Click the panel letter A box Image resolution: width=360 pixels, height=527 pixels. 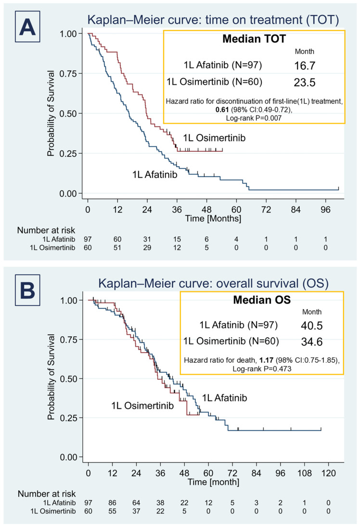pos(27,26)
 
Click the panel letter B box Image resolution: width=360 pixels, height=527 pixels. pos(27,290)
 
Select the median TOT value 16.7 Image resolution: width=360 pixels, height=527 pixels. pos(305,66)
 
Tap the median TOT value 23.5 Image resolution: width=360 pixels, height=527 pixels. pos(305,82)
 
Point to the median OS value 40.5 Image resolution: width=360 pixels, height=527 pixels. pos(312,325)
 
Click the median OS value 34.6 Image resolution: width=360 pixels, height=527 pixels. pos(312,342)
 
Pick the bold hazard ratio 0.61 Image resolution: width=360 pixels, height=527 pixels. pos(222,109)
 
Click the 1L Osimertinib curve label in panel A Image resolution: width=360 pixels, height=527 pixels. pos(214,138)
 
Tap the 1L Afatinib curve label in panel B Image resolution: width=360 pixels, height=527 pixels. pos(224,398)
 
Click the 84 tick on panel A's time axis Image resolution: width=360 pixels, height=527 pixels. pos(296,210)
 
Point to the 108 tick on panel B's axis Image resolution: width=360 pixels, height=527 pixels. pos(304,473)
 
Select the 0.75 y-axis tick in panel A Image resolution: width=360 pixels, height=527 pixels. pos(68,74)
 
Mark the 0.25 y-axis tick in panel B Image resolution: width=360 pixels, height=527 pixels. pos(69,418)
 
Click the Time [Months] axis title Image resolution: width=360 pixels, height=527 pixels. pos(213,219)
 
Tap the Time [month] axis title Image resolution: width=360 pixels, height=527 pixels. pos(213,482)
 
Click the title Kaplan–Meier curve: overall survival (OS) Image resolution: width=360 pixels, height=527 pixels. pos(213,283)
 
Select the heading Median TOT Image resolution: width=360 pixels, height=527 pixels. pos(254,39)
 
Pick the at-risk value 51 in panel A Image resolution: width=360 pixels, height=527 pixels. pos(117,248)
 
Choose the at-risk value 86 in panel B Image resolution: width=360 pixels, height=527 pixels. pos(112,503)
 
